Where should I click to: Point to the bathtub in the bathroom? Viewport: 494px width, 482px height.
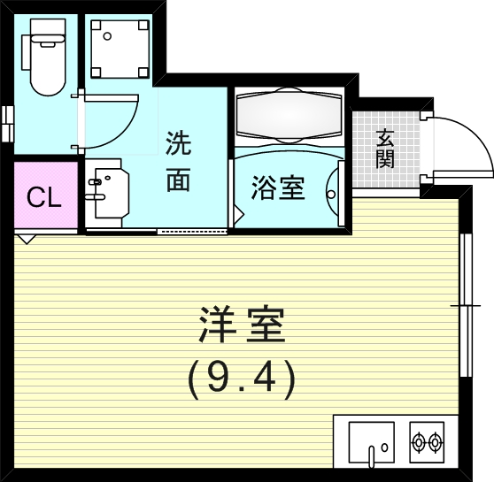288,115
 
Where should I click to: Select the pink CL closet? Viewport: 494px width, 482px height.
43,196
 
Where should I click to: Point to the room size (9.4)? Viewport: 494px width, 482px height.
239,379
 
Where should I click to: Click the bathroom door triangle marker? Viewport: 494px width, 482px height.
238,213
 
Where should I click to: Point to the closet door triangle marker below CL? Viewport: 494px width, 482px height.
26,238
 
